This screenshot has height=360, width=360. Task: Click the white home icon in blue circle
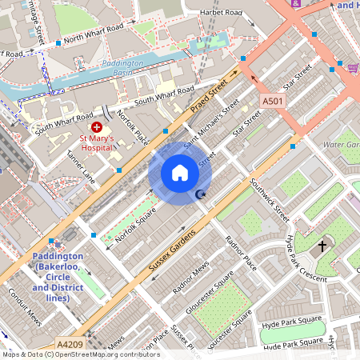[180, 173]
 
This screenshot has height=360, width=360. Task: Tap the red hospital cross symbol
[97, 127]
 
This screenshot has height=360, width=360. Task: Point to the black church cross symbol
[323, 245]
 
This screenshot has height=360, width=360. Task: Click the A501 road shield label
[273, 102]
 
